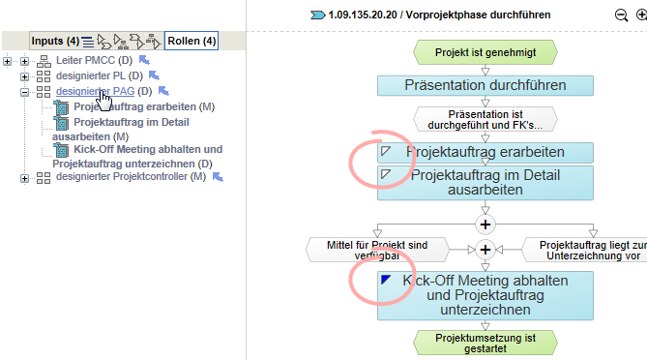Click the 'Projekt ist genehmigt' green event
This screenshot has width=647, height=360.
(485, 51)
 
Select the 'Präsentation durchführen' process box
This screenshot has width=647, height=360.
(485, 84)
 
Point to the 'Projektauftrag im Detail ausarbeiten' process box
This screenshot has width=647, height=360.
(485, 182)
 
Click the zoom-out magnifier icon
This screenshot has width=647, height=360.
(621, 15)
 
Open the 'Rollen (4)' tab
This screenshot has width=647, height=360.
(191, 41)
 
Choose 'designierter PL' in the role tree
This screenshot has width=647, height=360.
(92, 76)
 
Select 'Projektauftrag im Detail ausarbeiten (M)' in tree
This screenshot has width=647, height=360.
(117, 122)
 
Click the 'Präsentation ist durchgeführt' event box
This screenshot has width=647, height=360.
(485, 119)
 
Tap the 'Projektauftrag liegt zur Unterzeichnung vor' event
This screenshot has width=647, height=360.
(586, 250)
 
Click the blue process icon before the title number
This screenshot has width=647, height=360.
(318, 15)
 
